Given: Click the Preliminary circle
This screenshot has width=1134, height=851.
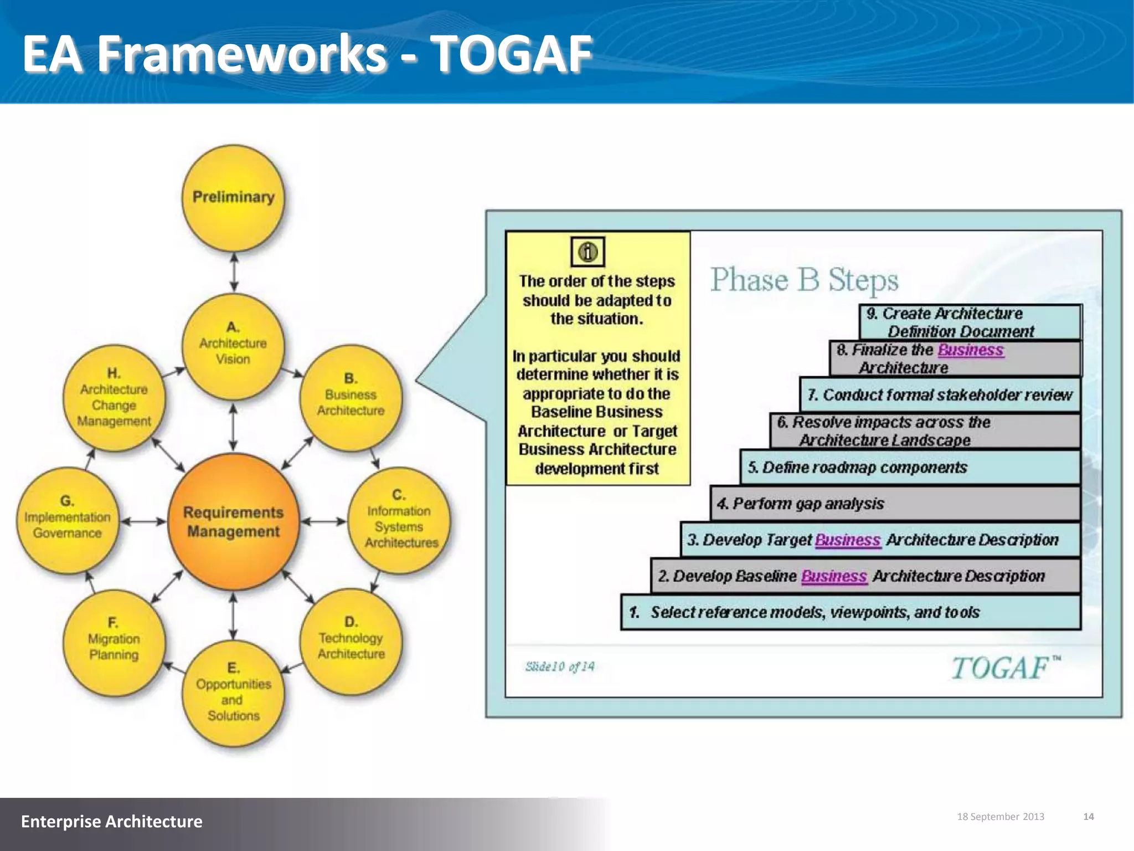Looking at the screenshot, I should point(233,197).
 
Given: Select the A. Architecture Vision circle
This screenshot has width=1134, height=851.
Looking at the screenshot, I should point(233,345).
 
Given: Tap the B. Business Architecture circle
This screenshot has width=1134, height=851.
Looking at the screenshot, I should point(350,397).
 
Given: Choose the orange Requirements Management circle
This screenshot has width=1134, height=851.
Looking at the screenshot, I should point(233,521).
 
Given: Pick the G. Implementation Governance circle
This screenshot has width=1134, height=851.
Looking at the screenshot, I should point(68,519).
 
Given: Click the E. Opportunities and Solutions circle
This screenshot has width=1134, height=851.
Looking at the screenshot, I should point(233,693).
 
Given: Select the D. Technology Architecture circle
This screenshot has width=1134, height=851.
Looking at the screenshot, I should point(351,640).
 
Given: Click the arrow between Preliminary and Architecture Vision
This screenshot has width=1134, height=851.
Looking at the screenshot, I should point(234,272).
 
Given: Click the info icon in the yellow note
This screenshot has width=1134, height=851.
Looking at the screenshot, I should point(587,252).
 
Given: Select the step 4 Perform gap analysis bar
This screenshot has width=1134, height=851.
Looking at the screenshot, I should point(895,503).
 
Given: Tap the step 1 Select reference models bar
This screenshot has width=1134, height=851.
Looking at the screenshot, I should point(850,612).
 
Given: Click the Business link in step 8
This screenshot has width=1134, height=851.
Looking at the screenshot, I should point(970,350).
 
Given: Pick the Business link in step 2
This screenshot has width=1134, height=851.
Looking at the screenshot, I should point(833,576).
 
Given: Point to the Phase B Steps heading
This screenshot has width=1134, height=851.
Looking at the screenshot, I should point(804,280).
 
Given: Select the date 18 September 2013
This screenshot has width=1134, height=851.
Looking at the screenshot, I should point(1001,817).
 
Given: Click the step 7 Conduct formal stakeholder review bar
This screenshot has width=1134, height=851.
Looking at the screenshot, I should point(940,395).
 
